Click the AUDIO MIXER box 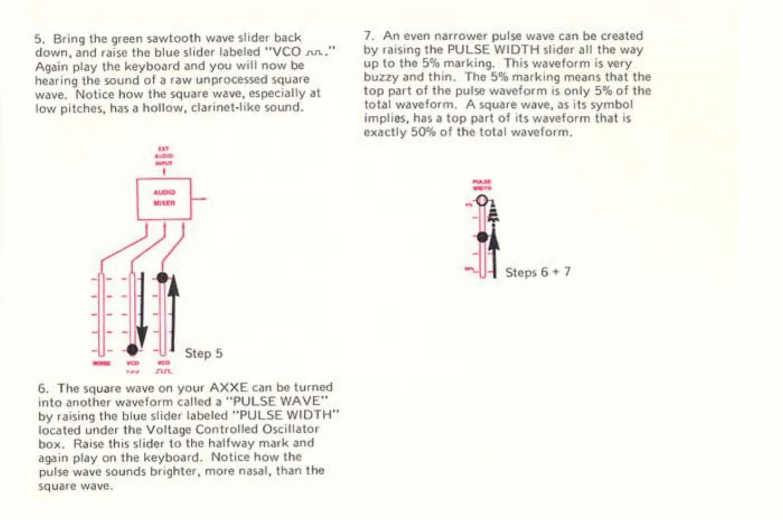(x=164, y=198)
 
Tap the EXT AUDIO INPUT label (x=164, y=156)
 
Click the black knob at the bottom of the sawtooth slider (x=132, y=349)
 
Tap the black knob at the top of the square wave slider (x=162, y=277)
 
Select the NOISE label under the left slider (x=101, y=363)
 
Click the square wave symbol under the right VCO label (x=164, y=371)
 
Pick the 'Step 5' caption (x=204, y=353)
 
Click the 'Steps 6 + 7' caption (x=537, y=272)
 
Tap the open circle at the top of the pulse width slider (x=482, y=200)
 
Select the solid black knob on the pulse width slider (x=483, y=237)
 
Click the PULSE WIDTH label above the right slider (x=482, y=185)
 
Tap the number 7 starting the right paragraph (x=367, y=36)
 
